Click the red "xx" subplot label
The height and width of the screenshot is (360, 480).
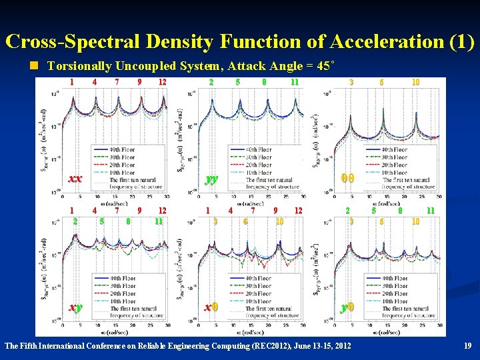(75, 179)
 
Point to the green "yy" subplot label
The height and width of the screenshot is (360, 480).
(211, 179)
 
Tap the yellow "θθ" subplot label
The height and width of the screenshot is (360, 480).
(347, 179)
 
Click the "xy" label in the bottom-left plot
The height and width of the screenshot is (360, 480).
(75, 307)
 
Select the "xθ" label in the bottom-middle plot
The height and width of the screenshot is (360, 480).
(211, 307)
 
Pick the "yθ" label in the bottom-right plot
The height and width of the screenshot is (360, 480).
(347, 307)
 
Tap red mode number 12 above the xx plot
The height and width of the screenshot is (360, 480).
(162, 82)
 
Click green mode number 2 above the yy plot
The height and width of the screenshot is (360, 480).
(211, 82)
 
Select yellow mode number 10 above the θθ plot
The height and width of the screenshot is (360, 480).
(415, 82)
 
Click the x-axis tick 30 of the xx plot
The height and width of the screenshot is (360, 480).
(167, 197)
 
